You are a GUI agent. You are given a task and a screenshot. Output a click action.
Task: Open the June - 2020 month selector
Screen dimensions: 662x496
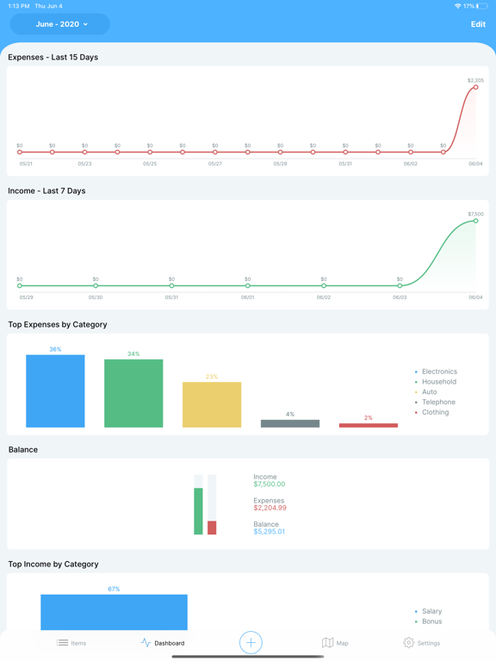click(60, 24)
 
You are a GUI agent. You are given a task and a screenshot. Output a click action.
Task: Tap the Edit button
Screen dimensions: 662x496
click(477, 24)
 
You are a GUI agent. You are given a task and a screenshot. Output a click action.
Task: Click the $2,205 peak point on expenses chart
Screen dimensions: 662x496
click(475, 87)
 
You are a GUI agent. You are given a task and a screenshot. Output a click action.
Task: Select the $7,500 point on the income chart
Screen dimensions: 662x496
click(475, 221)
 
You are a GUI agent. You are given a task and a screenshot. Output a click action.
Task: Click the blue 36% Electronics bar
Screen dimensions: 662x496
click(55, 391)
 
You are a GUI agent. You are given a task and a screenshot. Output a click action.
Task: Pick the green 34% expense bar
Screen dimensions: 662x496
click(133, 394)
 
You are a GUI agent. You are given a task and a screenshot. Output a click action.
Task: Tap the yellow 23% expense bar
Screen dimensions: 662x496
click(212, 405)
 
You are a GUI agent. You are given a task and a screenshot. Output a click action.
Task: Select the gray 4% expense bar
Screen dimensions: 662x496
click(290, 423)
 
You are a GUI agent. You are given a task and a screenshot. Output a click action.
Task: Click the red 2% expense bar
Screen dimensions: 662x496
click(369, 425)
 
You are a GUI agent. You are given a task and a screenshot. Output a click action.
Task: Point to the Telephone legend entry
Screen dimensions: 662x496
click(437, 403)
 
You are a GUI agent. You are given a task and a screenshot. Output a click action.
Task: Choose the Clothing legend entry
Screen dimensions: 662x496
click(435, 412)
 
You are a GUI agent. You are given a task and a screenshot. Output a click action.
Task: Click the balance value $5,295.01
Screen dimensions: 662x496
click(269, 532)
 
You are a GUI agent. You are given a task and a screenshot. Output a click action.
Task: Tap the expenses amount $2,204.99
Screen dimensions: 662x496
click(270, 508)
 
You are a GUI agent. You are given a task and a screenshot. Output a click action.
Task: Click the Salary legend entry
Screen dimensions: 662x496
click(431, 611)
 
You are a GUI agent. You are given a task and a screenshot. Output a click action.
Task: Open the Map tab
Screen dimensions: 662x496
click(335, 643)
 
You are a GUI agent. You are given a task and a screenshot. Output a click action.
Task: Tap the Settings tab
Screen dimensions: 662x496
click(421, 643)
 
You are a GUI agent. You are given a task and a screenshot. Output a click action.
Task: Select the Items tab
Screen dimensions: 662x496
click(71, 643)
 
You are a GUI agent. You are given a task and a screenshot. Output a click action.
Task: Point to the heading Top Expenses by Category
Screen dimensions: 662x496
click(58, 325)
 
